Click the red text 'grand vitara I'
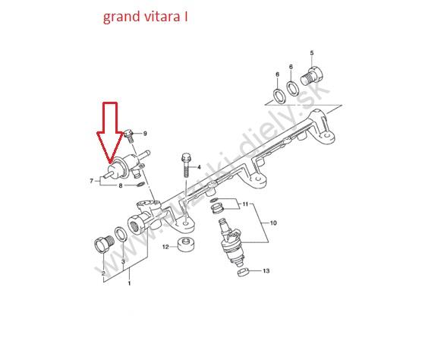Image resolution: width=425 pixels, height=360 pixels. [146, 17]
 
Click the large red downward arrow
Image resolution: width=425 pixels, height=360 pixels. [110, 133]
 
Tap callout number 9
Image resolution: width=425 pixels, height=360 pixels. [145, 134]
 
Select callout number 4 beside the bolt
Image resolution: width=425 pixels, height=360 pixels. [199, 167]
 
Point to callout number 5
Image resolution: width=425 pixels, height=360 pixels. [312, 53]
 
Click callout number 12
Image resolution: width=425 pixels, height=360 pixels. [165, 247]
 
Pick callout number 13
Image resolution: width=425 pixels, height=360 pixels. [266, 270]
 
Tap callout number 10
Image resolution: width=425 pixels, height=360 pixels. [273, 223]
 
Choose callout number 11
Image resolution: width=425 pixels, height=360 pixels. [245, 204]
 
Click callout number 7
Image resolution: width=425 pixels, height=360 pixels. [92, 181]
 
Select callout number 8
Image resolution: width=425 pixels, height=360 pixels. [121, 186]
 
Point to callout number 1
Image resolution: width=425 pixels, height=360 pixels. [129, 283]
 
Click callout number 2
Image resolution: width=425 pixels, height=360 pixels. [103, 273]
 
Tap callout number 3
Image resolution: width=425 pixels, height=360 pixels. [123, 261]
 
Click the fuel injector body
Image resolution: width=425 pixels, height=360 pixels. [231, 242]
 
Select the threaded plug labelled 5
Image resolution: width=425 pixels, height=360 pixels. [312, 75]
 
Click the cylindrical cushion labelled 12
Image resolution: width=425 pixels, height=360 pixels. [187, 245]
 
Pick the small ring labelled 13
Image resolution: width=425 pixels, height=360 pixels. [244, 272]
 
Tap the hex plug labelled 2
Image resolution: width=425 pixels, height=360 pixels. [104, 244]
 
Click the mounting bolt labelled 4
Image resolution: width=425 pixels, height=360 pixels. [186, 165]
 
